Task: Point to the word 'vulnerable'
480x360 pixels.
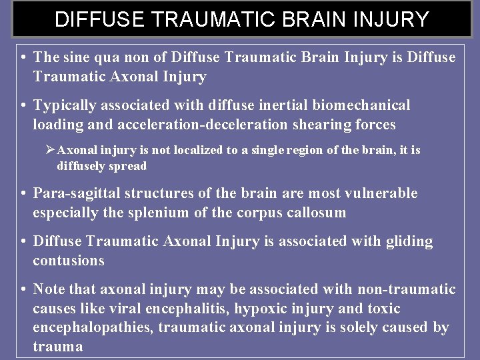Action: pos(383,193)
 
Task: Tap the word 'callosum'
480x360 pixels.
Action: pos(317,213)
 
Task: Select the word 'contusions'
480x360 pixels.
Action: pos(69,261)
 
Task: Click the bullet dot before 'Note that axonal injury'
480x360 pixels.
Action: pos(23,289)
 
